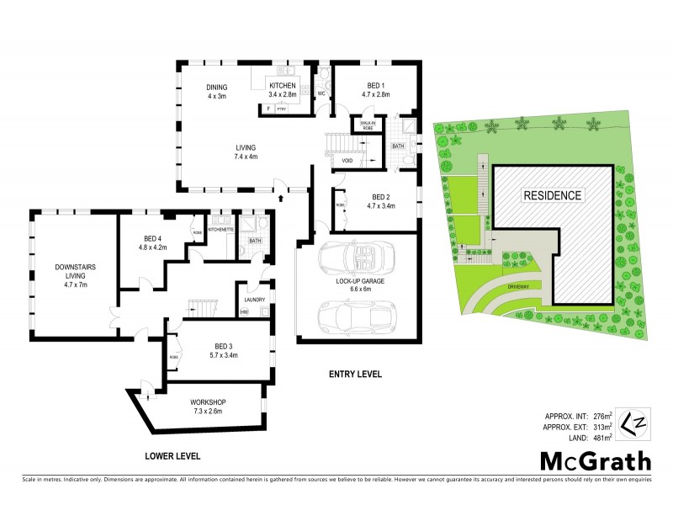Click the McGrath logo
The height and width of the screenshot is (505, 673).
click(595, 460)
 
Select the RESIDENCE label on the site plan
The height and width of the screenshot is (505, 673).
click(552, 195)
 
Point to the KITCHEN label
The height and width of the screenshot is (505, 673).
click(282, 87)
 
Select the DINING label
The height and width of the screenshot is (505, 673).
click(219, 87)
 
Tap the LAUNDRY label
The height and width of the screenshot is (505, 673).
click(254, 299)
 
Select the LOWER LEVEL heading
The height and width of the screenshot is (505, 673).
click(172, 455)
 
